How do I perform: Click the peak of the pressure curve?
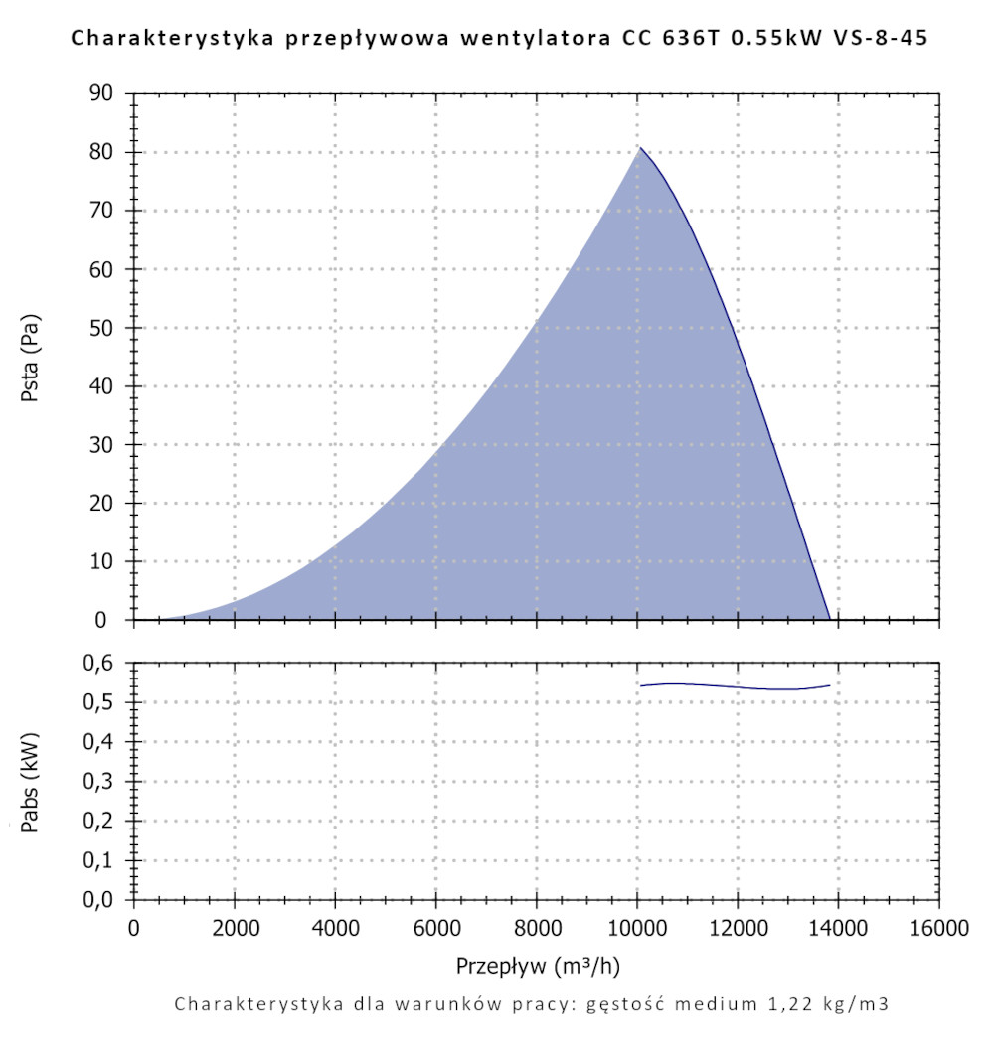point(640,148)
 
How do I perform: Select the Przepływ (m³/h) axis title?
point(538,966)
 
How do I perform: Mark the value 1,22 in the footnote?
point(784,1004)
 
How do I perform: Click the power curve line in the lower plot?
point(736,686)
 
